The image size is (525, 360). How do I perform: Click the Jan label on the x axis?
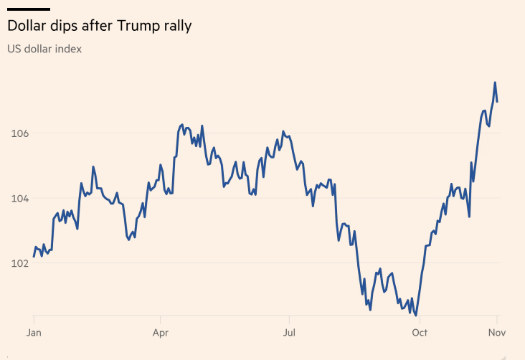point(34,333)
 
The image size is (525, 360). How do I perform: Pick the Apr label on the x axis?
point(161,333)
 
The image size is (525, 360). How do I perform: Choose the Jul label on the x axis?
point(289,333)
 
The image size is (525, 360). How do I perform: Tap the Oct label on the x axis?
point(420,333)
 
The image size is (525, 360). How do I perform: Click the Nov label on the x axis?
point(497,333)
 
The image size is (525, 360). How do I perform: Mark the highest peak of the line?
point(495,82)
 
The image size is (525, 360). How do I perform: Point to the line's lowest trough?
point(416,315)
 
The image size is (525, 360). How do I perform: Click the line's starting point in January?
point(34,256)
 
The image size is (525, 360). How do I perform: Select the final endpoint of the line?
point(497,101)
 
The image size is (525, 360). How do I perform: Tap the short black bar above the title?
point(29,9)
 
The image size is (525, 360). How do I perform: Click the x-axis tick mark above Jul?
point(289,318)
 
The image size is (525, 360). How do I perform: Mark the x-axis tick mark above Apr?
point(161,318)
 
